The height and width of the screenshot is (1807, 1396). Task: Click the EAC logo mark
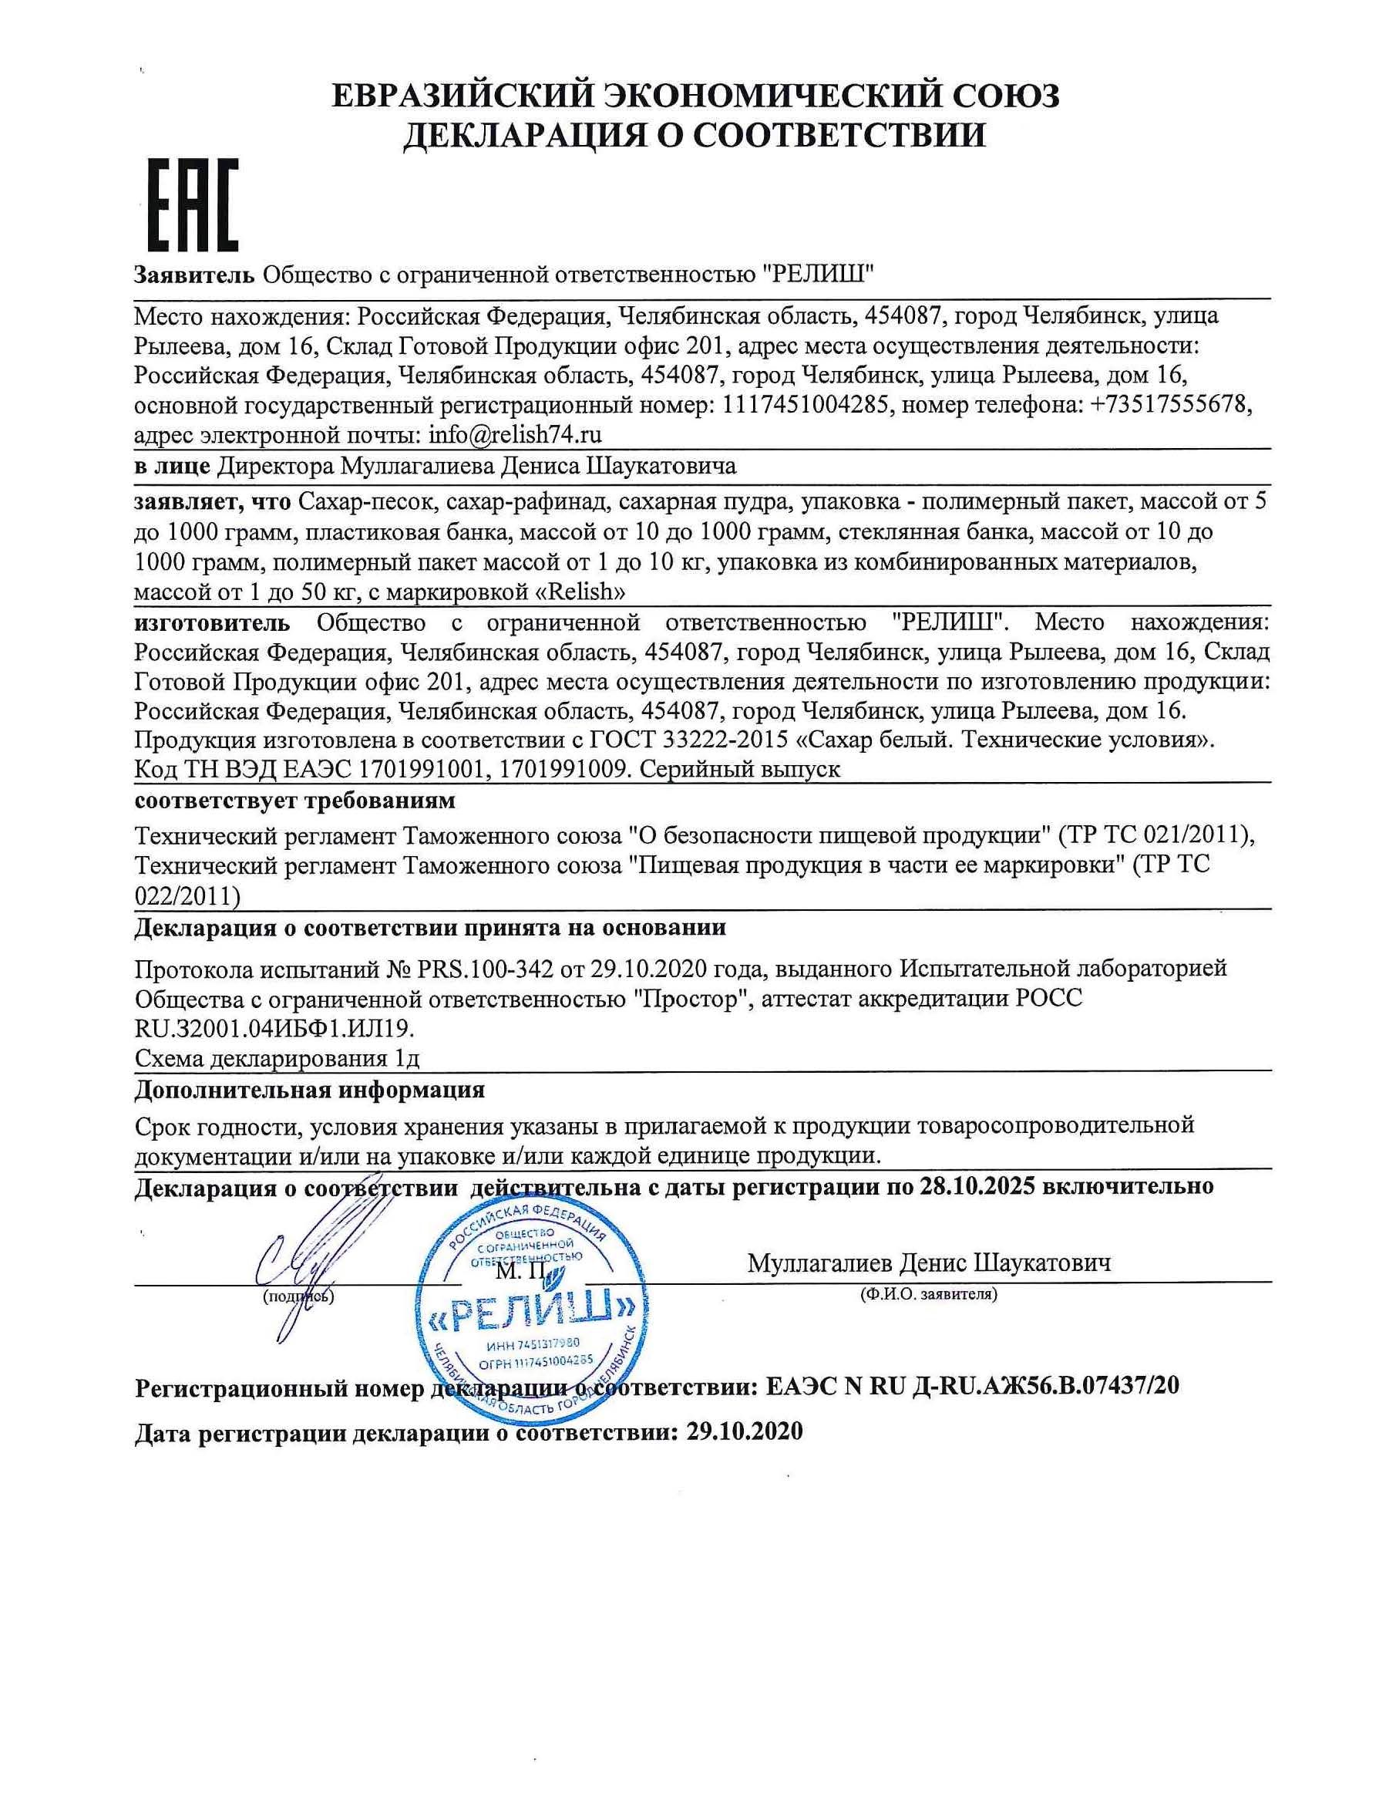tap(193, 205)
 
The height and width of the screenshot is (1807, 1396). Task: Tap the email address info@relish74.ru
tap(513, 434)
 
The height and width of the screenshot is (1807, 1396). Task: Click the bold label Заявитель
tap(194, 273)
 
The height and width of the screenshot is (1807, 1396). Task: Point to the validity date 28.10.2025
tap(977, 1186)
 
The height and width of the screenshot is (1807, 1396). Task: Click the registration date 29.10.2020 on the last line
tap(745, 1431)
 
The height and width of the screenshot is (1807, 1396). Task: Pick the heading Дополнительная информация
tap(310, 1090)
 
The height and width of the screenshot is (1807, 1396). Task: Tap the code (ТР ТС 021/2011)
tap(1156, 837)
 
